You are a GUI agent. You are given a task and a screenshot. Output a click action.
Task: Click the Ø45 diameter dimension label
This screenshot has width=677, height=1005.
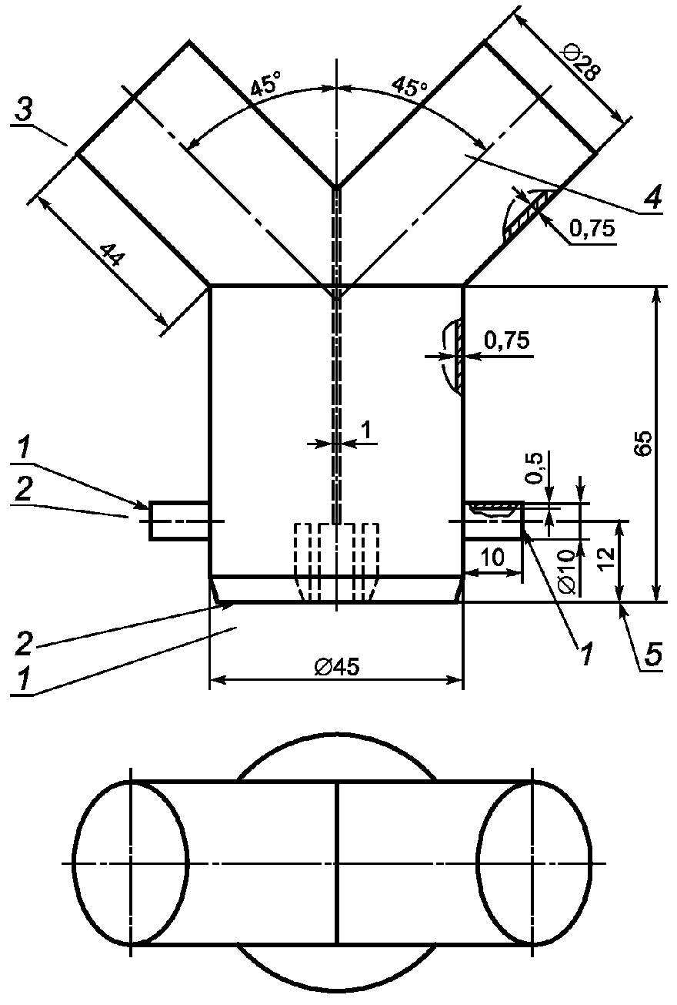(x=336, y=667)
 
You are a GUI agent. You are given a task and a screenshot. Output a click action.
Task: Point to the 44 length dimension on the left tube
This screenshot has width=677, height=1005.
(x=113, y=254)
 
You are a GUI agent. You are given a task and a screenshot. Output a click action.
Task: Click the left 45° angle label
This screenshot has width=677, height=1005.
(x=265, y=86)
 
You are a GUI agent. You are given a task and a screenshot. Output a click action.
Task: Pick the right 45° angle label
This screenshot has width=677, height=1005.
(x=409, y=86)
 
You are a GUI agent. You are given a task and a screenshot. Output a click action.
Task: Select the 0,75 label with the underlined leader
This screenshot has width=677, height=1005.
(x=592, y=229)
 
